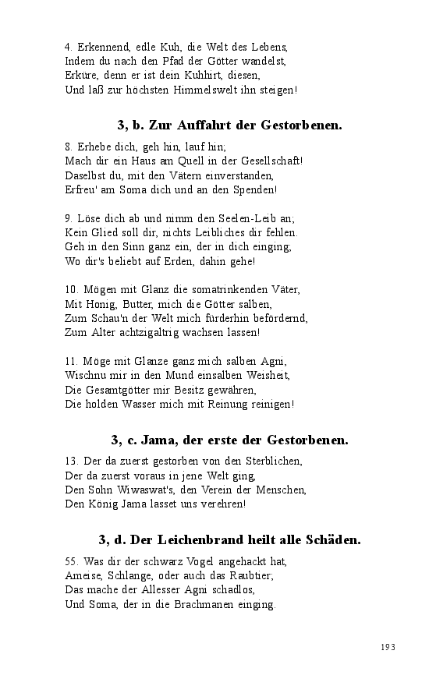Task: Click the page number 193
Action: coord(388,647)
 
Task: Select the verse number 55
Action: coord(71,561)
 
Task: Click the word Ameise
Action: coord(84,575)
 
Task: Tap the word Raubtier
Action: coord(248,575)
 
